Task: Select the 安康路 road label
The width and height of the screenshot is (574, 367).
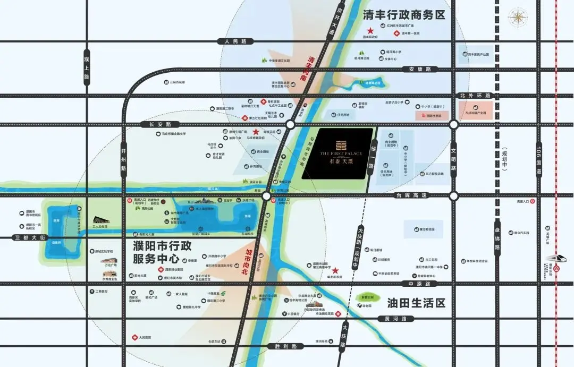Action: pos(419,69)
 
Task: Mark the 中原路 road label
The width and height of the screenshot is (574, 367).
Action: pos(411,284)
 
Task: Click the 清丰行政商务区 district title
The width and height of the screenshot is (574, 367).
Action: pos(403,15)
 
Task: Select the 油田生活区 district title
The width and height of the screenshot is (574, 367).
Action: pos(416,303)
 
